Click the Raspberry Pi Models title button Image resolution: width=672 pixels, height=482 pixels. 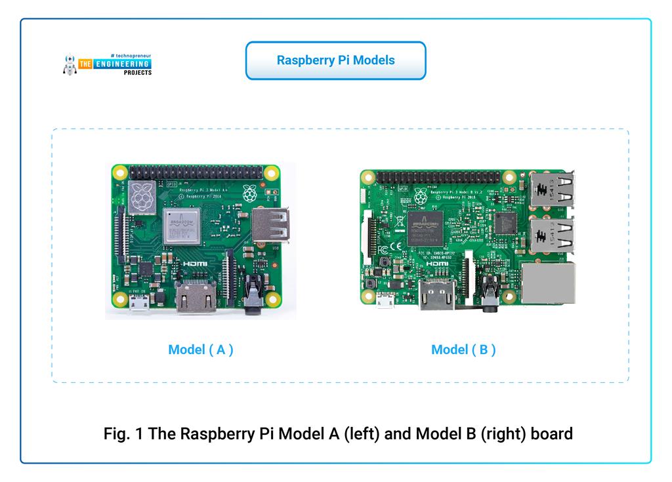[x=335, y=60]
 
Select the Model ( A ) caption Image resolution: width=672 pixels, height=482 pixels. [x=201, y=350]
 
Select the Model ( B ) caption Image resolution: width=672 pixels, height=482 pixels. [x=463, y=350]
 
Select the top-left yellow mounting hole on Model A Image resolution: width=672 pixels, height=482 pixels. [x=119, y=174]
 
